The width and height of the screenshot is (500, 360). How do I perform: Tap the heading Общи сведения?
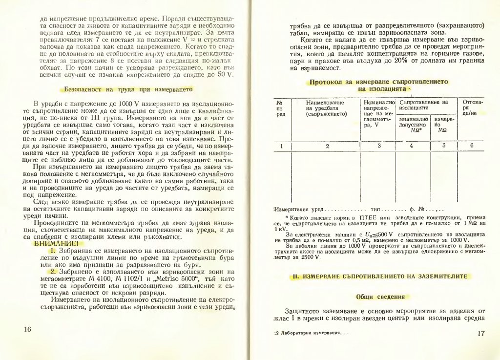pos(381,296)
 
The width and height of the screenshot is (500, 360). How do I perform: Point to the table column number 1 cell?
pos(280,145)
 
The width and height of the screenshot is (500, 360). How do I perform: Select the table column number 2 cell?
pos(327,145)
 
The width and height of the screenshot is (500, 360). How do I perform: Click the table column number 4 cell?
pos(412,145)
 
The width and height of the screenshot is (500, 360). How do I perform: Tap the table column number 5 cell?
pos(444,145)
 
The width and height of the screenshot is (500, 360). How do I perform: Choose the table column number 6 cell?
pos(472,145)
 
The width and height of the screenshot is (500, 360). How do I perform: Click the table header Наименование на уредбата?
pos(326,108)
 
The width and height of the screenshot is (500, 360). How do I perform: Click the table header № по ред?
pos(280,108)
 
